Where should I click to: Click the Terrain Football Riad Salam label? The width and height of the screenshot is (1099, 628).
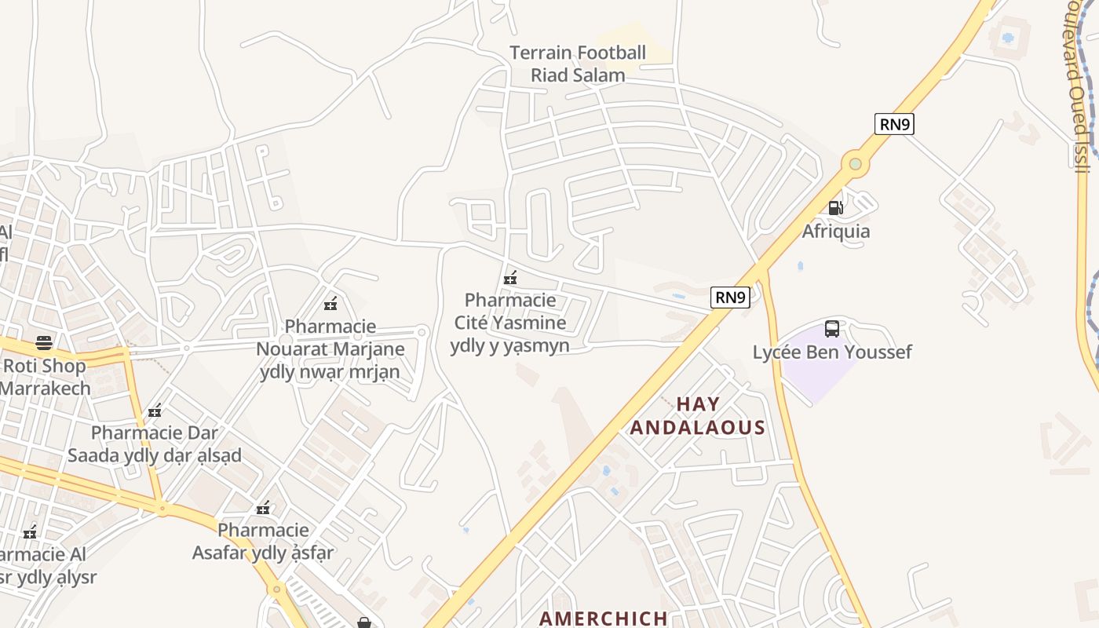tap(578, 64)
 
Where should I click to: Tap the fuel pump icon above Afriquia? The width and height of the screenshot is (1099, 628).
tap(836, 208)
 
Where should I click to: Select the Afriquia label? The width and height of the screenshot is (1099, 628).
tap(836, 232)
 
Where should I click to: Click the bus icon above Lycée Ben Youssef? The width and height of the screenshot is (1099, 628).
tap(832, 329)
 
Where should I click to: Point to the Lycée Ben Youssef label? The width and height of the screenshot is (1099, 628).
tap(832, 352)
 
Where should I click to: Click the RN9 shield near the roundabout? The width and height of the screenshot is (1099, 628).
tap(894, 124)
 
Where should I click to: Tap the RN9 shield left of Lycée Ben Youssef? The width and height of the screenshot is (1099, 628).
tap(730, 298)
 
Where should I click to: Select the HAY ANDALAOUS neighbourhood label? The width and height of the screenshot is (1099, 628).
tap(697, 416)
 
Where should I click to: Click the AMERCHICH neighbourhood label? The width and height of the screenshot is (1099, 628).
tap(604, 618)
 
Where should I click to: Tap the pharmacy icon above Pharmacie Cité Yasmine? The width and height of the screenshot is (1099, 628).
tap(510, 278)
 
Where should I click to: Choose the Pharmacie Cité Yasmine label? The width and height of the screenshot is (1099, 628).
tap(510, 323)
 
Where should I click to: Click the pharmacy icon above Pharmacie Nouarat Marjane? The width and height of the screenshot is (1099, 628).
tap(330, 304)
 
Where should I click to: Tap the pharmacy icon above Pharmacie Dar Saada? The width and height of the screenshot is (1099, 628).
tap(155, 411)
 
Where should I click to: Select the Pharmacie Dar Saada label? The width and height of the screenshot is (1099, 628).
tap(155, 444)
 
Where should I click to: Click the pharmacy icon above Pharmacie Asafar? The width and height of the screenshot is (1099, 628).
tap(263, 508)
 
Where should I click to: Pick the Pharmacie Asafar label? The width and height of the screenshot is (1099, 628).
tap(263, 541)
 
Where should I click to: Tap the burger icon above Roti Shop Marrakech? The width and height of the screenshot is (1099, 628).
tap(44, 343)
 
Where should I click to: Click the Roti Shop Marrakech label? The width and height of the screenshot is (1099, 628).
tap(44, 377)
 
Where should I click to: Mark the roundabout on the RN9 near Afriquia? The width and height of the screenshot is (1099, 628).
tap(855, 165)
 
